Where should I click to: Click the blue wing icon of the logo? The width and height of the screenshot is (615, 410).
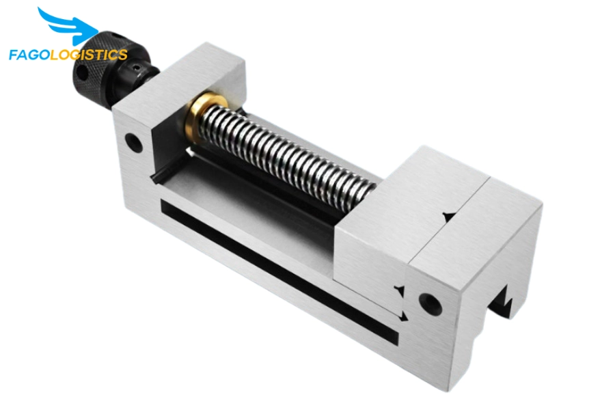tap(67, 25)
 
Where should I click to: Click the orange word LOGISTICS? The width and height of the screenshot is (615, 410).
tap(89, 54)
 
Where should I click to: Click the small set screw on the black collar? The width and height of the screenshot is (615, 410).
tap(136, 70)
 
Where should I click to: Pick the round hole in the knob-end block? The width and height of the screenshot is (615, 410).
tap(134, 141)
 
